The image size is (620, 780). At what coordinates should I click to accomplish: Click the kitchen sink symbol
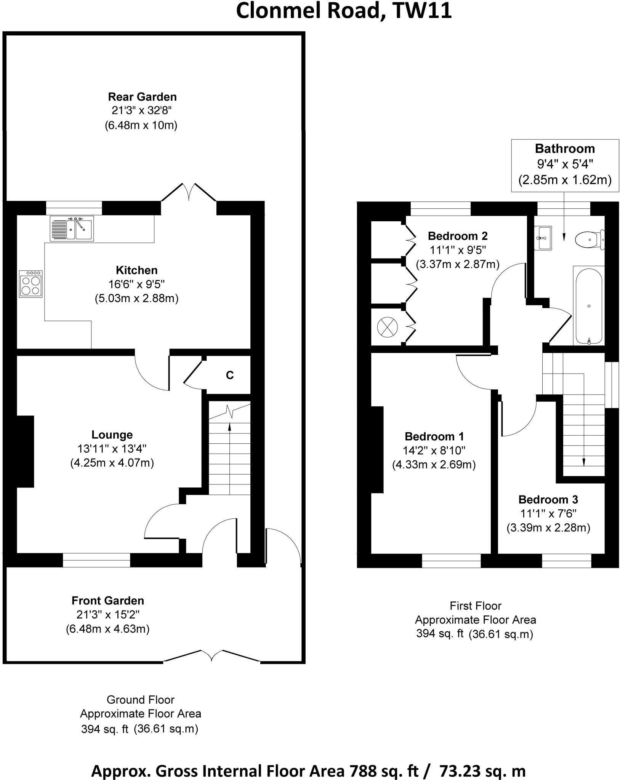coord(72,229)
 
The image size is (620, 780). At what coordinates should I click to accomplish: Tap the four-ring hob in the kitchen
coord(31,284)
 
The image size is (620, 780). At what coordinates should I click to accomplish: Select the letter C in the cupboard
coord(229,376)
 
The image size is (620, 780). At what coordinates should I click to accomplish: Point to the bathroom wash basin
coord(543,238)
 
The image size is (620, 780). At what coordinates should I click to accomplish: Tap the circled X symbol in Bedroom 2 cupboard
coord(387,327)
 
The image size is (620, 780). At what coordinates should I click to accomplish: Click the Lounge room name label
coord(112,435)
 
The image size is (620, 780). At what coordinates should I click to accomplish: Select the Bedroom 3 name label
coord(548,499)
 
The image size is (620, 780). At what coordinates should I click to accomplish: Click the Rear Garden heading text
coord(142,97)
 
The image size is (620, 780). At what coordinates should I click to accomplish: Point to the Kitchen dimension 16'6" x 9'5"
coord(137,284)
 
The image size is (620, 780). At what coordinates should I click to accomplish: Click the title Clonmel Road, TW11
coord(344,11)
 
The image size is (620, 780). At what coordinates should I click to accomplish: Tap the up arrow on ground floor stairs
coord(229,427)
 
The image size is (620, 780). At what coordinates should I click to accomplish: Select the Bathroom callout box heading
coord(565,149)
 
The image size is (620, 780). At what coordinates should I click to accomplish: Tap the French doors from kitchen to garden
coord(189,192)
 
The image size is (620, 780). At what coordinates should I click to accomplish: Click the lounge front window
coord(96,560)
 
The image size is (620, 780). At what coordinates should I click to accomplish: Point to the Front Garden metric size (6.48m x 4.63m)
coord(107,629)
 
